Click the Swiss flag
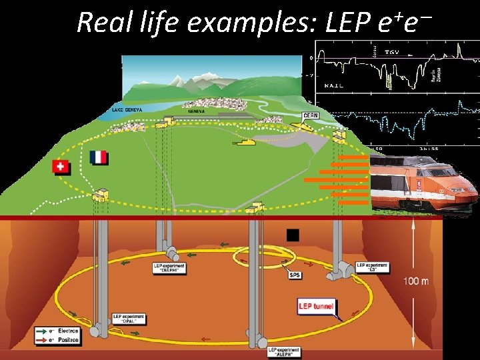61,167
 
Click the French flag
98,158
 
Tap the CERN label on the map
311,115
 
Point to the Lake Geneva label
127,109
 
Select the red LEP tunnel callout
316,305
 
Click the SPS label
294,274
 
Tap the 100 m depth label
416,281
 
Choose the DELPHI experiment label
169,268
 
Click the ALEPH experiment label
283,351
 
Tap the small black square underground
291,235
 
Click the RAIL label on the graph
335,85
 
